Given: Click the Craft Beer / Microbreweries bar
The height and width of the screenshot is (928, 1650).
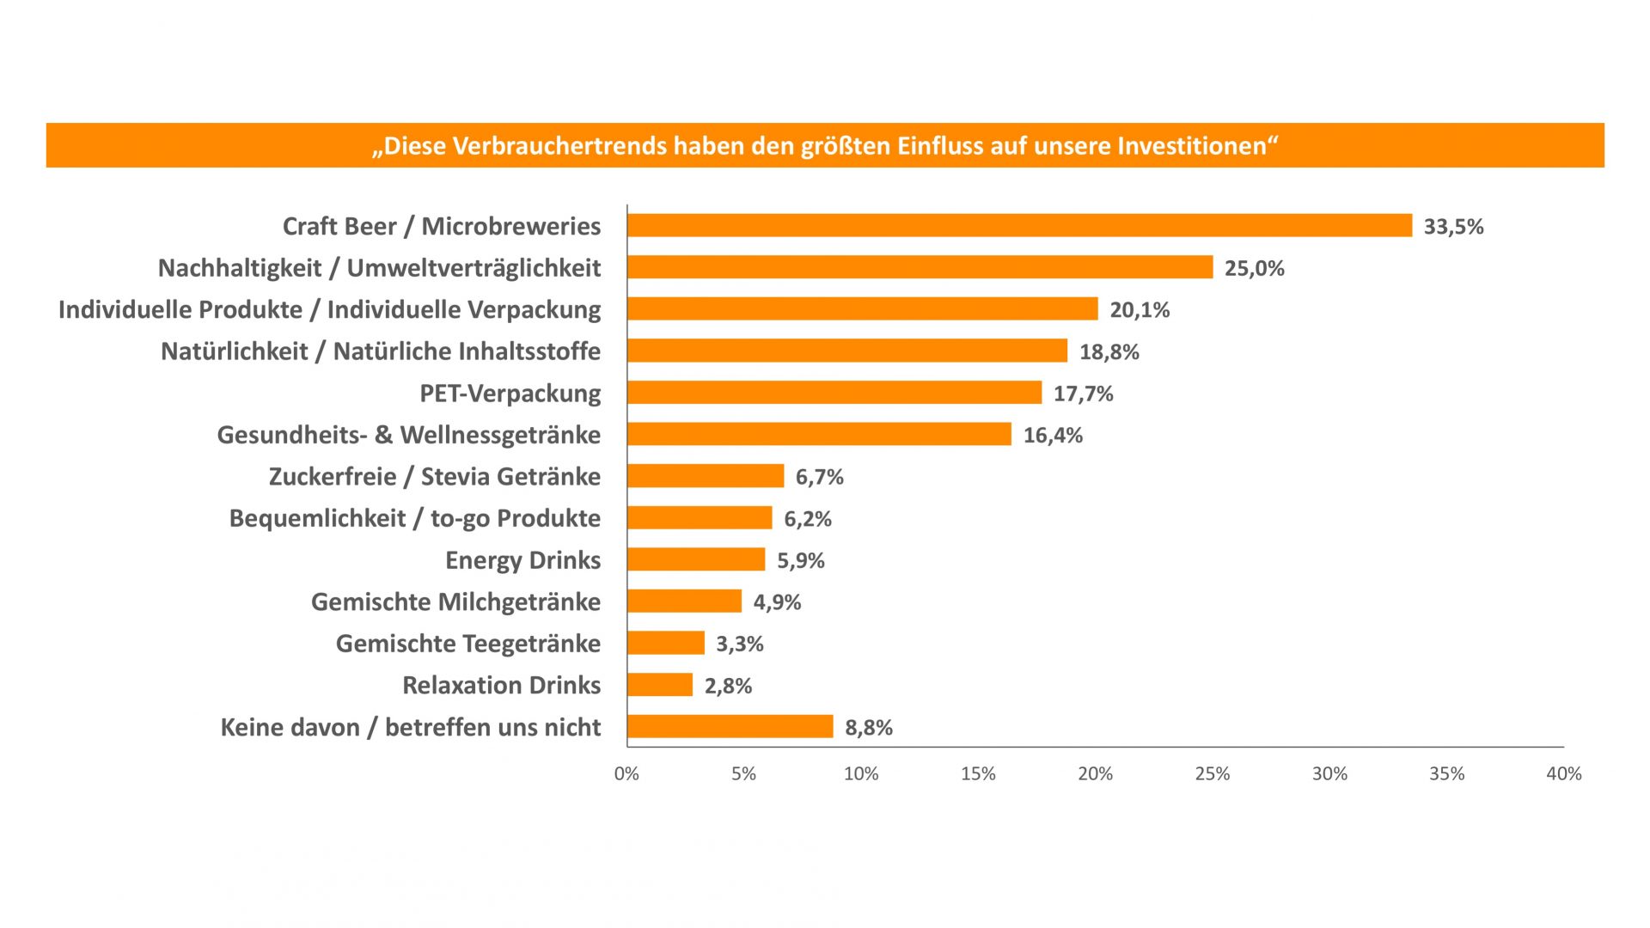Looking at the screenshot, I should [x=1019, y=225].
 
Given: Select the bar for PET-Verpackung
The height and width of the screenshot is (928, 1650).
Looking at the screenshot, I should [x=834, y=393].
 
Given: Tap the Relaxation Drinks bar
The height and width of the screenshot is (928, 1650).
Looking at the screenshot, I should [x=660, y=685].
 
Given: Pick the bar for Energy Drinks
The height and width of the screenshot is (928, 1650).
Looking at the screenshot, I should [x=696, y=559].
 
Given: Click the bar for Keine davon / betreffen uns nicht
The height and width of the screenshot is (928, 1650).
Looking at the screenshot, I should [x=730, y=726].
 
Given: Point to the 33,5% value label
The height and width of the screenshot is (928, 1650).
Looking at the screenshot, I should [x=1453, y=227].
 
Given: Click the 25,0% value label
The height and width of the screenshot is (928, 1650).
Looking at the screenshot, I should [x=1254, y=268].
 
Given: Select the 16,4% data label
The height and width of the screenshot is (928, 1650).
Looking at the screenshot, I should [x=1053, y=436].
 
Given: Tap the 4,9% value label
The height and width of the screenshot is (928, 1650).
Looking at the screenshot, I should [x=777, y=602].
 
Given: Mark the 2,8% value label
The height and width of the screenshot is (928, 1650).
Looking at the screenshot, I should [x=728, y=686].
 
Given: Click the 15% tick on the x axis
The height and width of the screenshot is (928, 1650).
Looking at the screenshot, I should [x=978, y=773].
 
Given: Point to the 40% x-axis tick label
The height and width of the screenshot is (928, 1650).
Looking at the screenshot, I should [x=1563, y=773].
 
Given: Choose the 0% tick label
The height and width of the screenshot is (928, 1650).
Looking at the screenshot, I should [x=626, y=773].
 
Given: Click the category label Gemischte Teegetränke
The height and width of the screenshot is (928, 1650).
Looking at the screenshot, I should [x=467, y=644].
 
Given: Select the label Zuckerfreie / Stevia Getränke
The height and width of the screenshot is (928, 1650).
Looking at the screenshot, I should [x=434, y=477].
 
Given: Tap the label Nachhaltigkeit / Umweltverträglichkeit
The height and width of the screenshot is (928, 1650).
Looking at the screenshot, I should [x=379, y=268].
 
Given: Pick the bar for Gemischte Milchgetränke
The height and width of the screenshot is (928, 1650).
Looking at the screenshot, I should [x=684, y=601].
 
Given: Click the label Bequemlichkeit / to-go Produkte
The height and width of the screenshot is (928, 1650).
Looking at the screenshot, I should [x=414, y=518].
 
